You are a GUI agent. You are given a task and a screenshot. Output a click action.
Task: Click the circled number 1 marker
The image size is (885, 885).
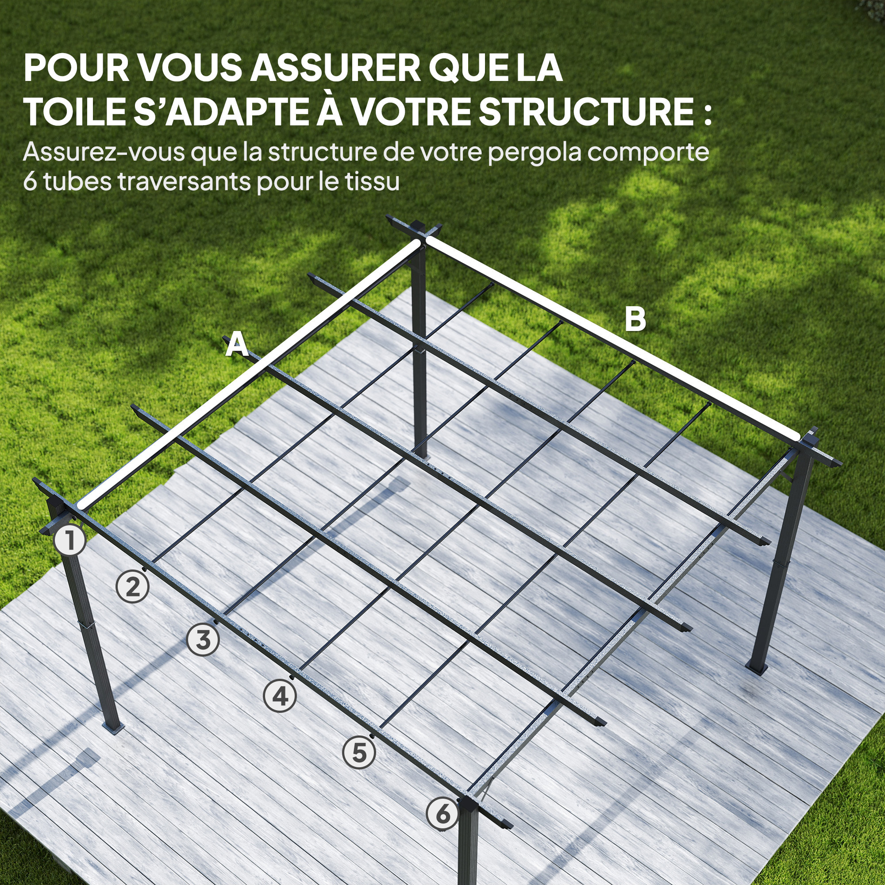point(69,541)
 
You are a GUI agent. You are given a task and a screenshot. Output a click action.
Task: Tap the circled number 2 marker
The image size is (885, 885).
point(132,588)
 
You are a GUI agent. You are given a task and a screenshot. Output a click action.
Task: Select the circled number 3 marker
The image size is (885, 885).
point(203,639)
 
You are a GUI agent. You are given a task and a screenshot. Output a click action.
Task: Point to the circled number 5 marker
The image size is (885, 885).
point(359,753)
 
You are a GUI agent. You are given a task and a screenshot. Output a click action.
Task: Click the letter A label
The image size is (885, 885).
point(237,345)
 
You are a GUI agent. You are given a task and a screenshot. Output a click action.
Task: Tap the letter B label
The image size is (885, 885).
point(635,319)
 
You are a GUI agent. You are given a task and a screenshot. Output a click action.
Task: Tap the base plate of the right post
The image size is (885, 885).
point(757,669)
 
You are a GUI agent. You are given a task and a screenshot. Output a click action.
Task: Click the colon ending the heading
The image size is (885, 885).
point(708,112)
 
